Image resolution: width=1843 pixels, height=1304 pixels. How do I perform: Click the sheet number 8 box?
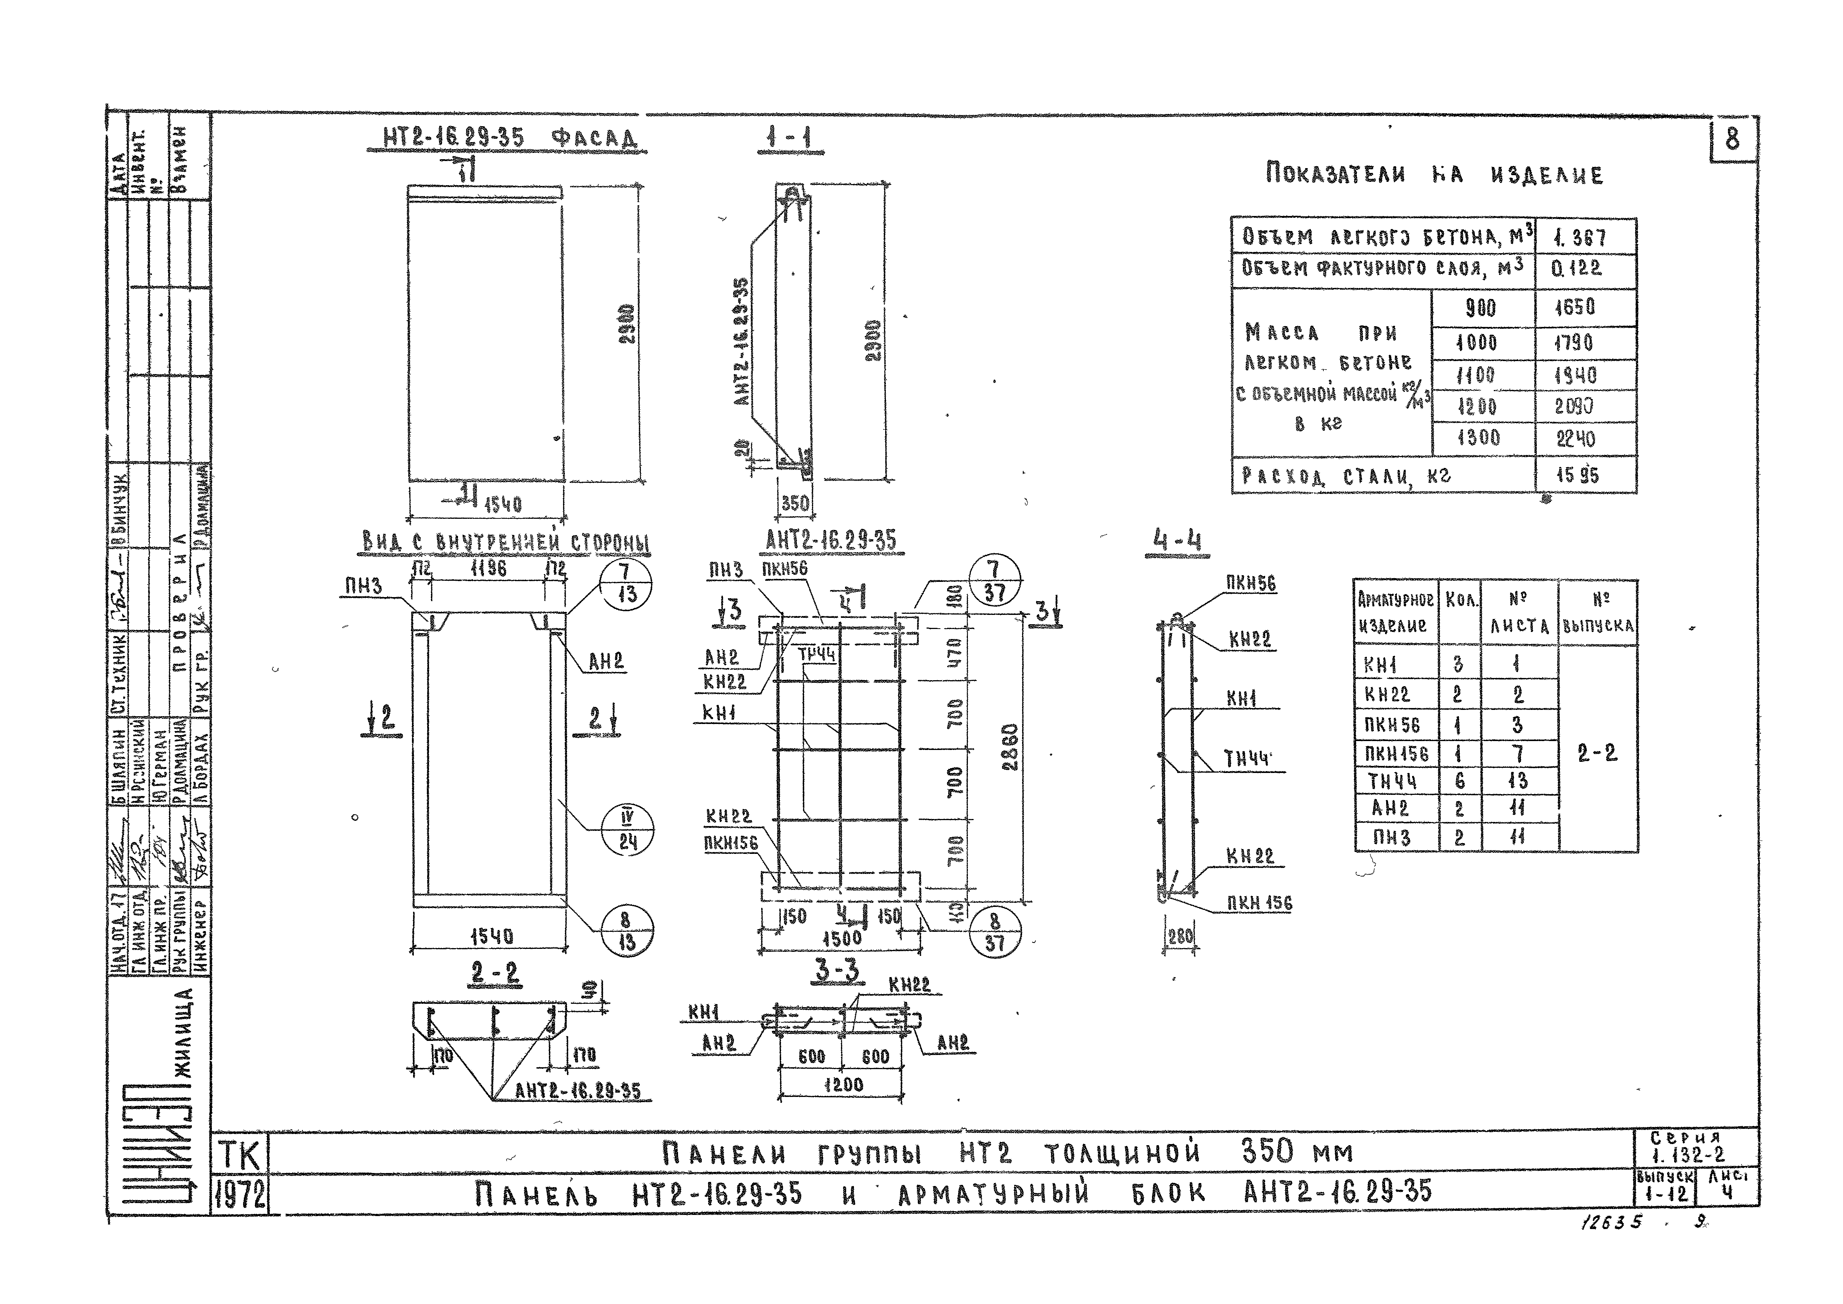(1732, 140)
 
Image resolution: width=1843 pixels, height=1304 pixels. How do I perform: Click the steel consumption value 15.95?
(1577, 475)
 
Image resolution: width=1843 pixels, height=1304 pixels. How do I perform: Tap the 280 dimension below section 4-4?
(1181, 936)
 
